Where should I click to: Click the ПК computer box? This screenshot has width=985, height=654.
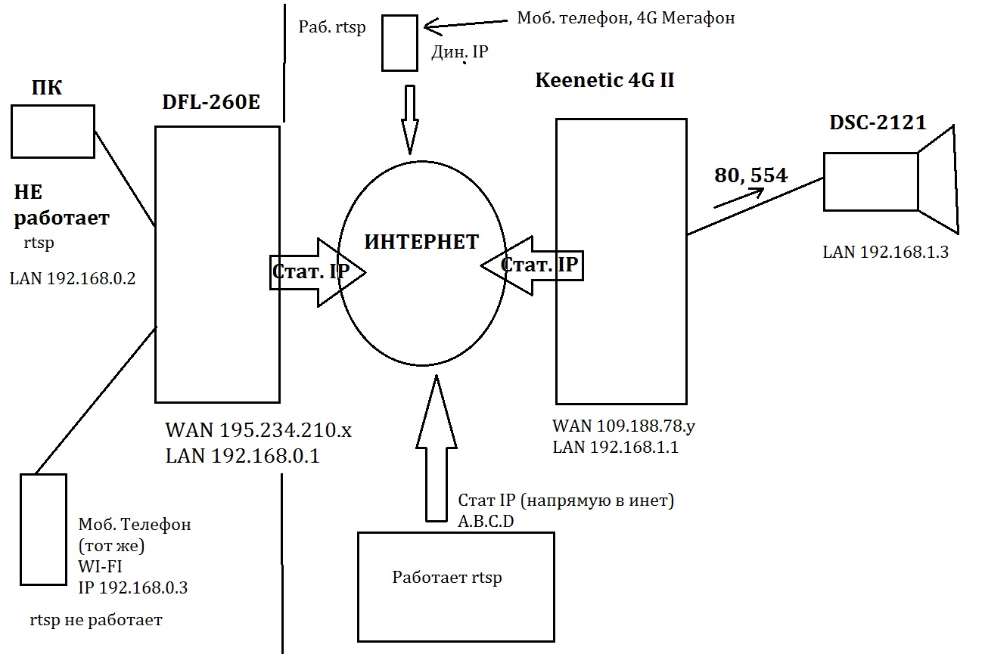point(53,132)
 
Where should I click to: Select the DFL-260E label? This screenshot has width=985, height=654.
point(211,103)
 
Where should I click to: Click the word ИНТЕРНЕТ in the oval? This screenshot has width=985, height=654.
point(421,242)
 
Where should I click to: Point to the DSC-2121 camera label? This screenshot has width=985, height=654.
point(878,123)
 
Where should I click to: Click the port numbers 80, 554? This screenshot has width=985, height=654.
point(751,175)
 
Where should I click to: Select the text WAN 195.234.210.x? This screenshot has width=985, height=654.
point(259,432)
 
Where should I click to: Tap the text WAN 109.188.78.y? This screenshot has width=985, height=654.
point(624,426)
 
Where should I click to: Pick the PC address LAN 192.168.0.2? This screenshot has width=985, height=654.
point(72,278)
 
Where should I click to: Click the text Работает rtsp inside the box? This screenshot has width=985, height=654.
point(447,578)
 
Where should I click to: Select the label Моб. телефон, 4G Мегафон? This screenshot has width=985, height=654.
point(626,18)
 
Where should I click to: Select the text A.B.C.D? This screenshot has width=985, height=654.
point(486,519)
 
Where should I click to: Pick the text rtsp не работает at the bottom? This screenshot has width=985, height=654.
point(96,621)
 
